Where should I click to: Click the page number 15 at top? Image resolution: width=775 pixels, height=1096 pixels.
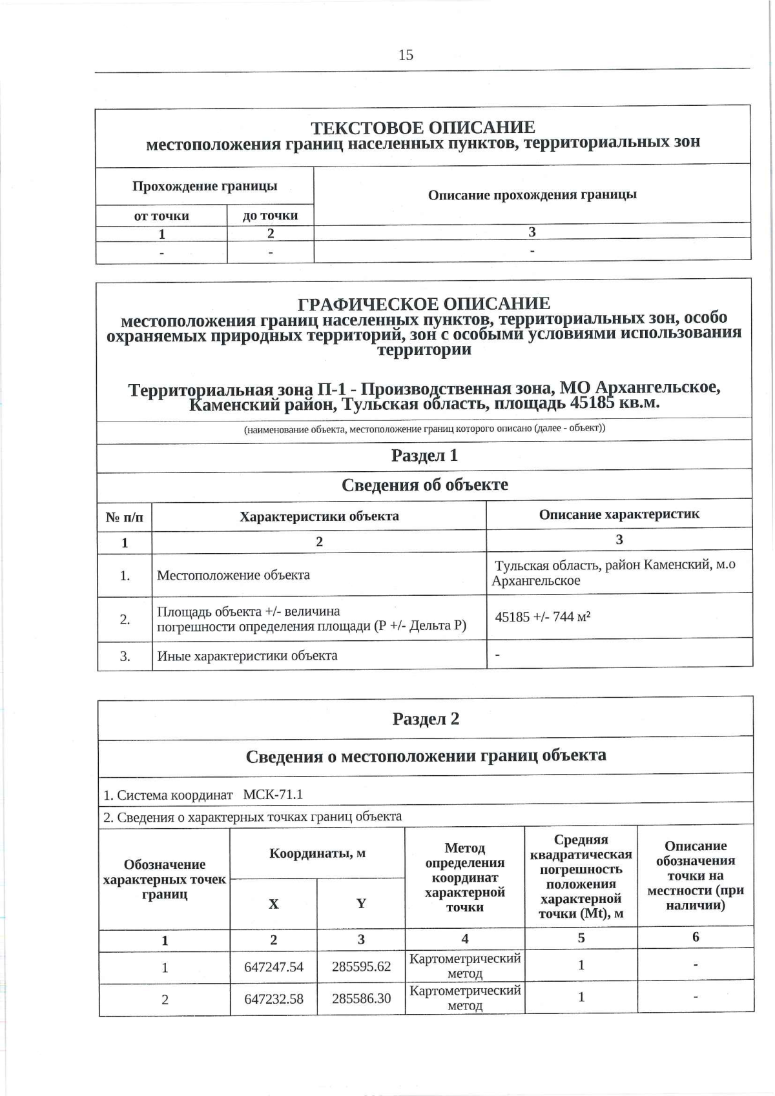click(406, 55)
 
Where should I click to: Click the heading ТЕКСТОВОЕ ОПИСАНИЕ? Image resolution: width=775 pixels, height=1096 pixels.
click(422, 127)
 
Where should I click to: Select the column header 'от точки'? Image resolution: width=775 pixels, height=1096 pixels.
click(161, 216)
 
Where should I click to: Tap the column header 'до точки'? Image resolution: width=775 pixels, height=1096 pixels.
click(270, 216)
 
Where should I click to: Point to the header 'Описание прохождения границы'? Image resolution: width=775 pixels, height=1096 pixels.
click(532, 194)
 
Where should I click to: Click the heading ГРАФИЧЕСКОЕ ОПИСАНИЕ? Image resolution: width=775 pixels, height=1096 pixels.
click(424, 303)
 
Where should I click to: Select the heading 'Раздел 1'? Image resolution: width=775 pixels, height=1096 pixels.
click(424, 456)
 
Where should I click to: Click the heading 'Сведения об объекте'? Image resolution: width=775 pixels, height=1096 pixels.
click(424, 485)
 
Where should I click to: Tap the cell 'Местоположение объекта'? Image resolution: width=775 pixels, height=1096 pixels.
click(233, 574)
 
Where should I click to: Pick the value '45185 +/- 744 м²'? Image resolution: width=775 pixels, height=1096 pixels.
click(542, 616)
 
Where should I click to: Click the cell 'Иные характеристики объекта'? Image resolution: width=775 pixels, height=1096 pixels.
click(247, 656)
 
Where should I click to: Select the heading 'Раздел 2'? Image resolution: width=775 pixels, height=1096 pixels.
click(426, 719)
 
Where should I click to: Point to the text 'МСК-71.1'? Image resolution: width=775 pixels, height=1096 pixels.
click(273, 795)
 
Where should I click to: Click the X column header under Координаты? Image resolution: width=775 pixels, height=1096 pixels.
click(273, 904)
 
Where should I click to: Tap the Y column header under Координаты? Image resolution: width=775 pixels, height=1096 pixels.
click(361, 903)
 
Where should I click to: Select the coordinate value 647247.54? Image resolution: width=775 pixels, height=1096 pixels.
click(273, 967)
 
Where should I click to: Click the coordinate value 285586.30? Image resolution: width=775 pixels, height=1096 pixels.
click(361, 999)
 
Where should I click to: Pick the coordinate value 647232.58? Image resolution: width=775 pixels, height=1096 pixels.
click(273, 999)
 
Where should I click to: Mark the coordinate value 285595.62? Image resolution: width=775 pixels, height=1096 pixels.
click(361, 966)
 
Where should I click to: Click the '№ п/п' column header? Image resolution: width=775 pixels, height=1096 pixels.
click(125, 517)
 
